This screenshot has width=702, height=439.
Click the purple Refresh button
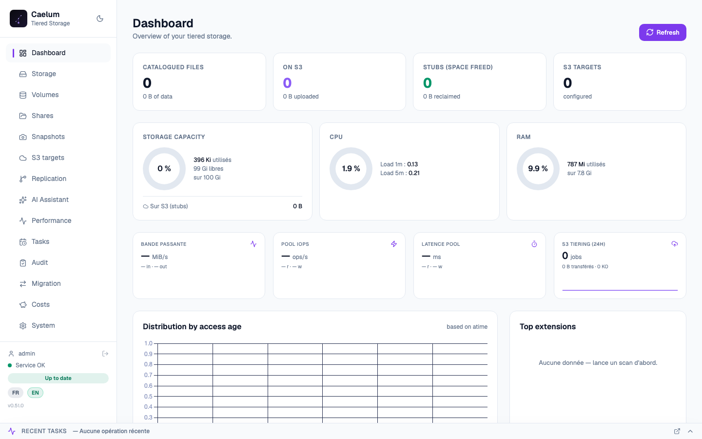(663, 32)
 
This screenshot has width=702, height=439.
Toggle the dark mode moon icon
(99, 19)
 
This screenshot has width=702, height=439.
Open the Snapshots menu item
(48, 137)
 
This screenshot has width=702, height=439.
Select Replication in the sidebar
(49, 179)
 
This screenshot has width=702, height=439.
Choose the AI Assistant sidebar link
(50, 200)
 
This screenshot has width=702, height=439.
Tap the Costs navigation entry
(40, 304)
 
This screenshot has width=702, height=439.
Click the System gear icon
(23, 326)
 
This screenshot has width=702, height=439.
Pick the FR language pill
(16, 393)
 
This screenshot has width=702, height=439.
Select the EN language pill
(35, 393)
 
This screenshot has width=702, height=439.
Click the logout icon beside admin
(105, 354)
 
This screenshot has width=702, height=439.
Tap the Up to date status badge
(58, 378)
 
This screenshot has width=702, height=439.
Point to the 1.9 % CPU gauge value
(351, 169)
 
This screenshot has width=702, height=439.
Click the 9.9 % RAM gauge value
(538, 169)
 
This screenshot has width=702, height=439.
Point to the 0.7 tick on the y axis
(148, 375)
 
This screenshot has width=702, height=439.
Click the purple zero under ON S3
(287, 83)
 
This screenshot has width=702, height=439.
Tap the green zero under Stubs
(428, 83)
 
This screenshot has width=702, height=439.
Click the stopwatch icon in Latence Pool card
(534, 244)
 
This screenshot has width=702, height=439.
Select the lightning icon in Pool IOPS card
(394, 244)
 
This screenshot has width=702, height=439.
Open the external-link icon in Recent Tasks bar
(677, 431)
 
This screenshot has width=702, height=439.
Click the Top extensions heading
(547, 326)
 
